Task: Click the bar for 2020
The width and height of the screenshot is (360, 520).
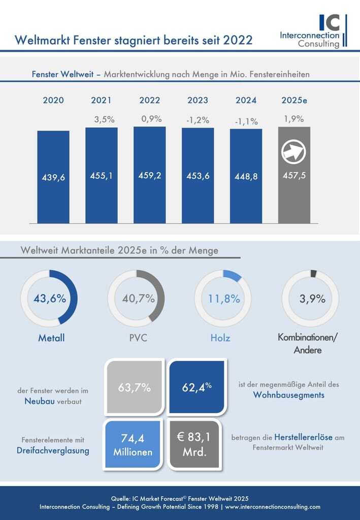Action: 53,177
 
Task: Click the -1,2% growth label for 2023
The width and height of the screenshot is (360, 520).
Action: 198,121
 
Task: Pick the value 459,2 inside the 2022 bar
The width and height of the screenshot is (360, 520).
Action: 150,176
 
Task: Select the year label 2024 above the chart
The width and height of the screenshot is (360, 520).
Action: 246,100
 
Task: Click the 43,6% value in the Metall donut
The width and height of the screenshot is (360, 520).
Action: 49,298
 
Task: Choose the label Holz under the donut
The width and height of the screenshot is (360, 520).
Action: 220,338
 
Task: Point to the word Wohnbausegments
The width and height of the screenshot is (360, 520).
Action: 288,395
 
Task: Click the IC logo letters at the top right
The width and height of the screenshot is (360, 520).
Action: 330,22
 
